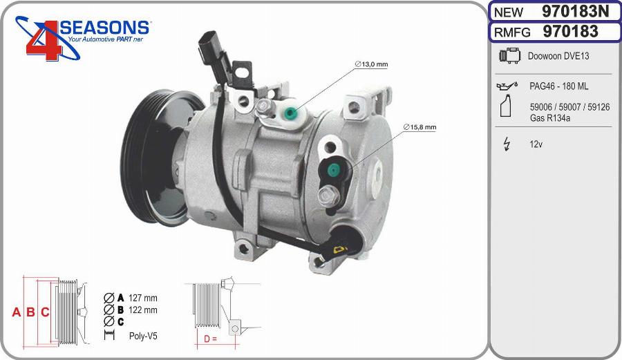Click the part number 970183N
(x=575, y=12)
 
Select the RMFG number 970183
(x=570, y=31)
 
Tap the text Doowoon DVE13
(x=558, y=56)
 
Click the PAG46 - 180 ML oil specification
(x=558, y=86)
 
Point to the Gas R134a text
(x=550, y=117)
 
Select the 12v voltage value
(x=536, y=144)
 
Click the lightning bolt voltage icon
(x=507, y=144)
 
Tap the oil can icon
(x=507, y=86)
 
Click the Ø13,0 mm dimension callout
(x=371, y=64)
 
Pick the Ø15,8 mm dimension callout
(x=420, y=127)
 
